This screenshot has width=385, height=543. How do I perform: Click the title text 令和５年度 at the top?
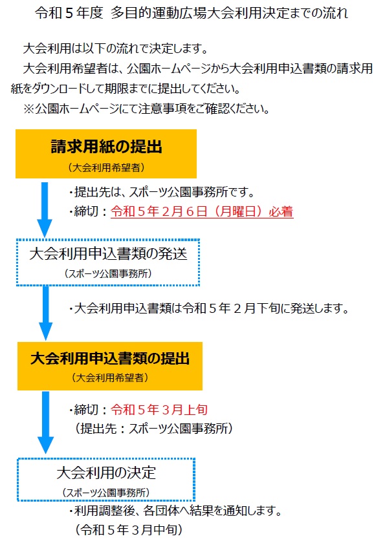(x=69, y=13)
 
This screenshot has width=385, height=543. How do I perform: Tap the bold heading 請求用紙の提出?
(x=106, y=147)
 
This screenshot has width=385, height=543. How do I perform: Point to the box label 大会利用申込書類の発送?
(x=108, y=254)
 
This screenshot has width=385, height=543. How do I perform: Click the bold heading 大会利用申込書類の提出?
(x=110, y=358)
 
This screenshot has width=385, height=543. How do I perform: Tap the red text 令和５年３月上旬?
(x=159, y=410)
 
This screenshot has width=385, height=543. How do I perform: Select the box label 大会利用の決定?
(x=106, y=473)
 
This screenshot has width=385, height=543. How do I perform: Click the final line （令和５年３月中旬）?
(x=129, y=529)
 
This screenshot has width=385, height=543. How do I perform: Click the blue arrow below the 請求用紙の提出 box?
(x=45, y=210)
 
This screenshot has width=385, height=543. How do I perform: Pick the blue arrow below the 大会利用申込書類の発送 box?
(x=45, y=313)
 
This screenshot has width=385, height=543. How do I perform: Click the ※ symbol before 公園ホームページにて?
(x=28, y=109)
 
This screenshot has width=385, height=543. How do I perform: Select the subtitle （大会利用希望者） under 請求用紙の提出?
(x=106, y=167)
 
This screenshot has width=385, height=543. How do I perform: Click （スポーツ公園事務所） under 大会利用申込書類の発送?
(x=108, y=273)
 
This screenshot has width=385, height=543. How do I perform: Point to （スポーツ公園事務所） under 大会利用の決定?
(x=106, y=493)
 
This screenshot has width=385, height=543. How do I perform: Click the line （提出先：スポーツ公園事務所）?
(x=154, y=429)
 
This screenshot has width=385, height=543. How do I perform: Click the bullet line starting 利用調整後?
(x=175, y=511)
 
